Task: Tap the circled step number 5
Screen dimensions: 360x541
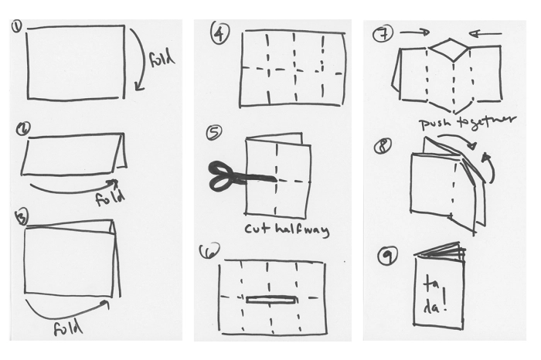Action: click(214, 133)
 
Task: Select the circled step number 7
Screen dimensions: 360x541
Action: click(380, 34)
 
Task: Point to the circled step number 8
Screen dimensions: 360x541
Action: click(381, 144)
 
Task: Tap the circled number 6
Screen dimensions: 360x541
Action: click(209, 251)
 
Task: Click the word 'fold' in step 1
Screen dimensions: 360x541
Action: click(163, 59)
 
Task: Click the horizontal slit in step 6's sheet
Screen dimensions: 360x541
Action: click(272, 298)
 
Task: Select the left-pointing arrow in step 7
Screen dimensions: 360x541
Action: click(485, 34)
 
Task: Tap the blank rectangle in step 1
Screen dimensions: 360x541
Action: click(76, 62)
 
